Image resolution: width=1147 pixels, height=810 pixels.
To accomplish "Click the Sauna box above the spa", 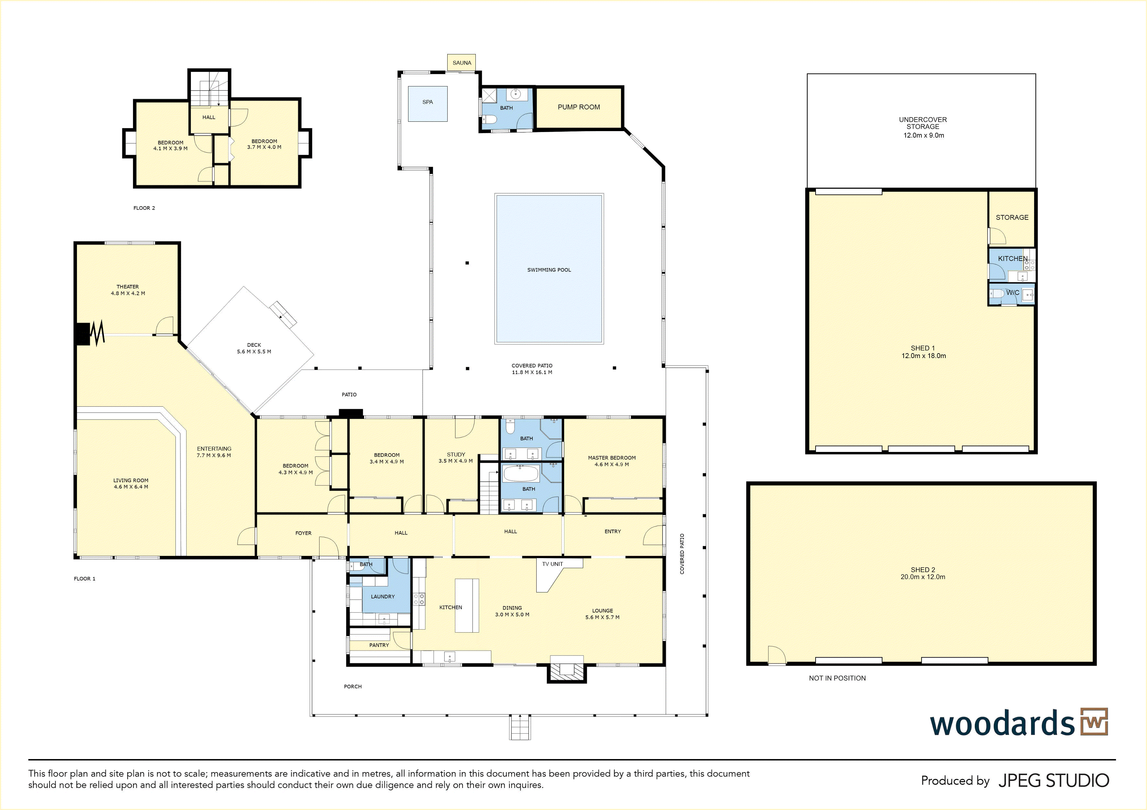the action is [x=461, y=62].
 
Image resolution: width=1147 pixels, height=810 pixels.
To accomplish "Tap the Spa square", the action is [x=428, y=104].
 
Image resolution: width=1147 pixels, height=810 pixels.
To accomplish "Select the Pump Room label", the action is [x=578, y=107].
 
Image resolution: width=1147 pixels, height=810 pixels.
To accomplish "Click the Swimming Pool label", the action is [x=549, y=270].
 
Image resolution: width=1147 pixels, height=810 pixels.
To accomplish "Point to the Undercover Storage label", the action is [x=923, y=123].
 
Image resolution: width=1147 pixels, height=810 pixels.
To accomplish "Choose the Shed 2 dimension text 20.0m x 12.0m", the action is [x=923, y=577].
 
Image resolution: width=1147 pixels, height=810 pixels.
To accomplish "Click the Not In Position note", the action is [x=837, y=678].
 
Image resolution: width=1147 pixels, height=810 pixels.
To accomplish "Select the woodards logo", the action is [x=1019, y=723].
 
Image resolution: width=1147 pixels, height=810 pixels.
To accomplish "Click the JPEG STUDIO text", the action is [x=1053, y=781].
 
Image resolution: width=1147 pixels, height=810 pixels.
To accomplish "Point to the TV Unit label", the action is [x=552, y=564].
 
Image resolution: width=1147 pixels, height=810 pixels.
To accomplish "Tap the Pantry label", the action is [x=379, y=645].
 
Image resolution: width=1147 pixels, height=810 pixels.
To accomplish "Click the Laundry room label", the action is [x=383, y=597].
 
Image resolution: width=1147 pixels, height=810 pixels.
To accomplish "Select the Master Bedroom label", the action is [x=612, y=458].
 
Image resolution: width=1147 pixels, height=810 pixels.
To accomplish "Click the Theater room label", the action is [x=128, y=287].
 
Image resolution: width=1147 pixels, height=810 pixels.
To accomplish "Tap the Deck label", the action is [x=254, y=345].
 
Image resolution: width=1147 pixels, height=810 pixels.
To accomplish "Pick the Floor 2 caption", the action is [x=144, y=208].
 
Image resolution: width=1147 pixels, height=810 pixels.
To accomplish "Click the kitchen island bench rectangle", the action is [x=467, y=606].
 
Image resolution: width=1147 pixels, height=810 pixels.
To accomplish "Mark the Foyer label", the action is [x=303, y=533].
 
